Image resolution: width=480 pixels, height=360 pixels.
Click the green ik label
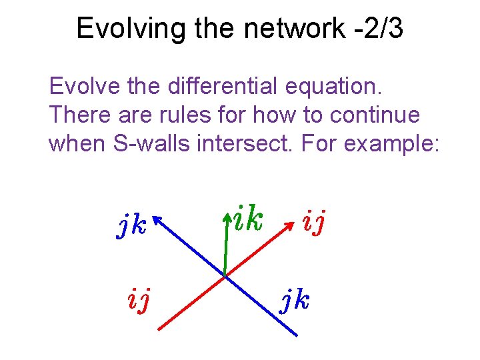click(247, 220)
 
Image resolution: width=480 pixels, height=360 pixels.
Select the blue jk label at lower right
click(294, 301)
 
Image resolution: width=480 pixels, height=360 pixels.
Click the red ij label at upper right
click(313, 222)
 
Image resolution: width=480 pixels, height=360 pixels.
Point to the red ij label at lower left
click(138, 301)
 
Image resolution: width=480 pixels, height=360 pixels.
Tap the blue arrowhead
click(157, 219)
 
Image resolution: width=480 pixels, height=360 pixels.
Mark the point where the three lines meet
click(225, 275)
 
